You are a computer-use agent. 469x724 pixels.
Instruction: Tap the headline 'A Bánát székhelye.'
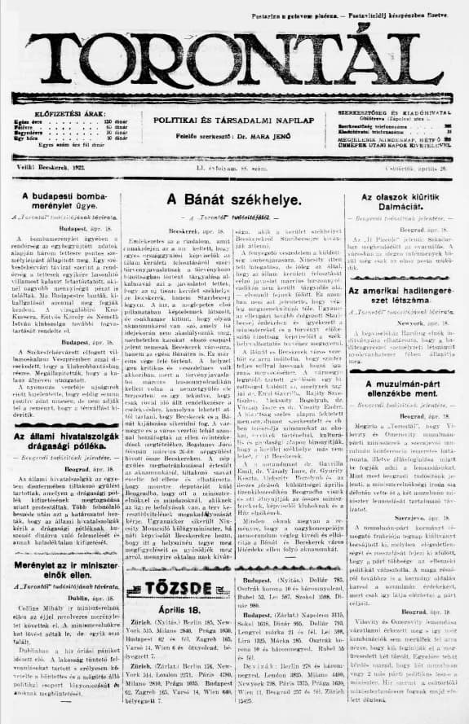point(234,199)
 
